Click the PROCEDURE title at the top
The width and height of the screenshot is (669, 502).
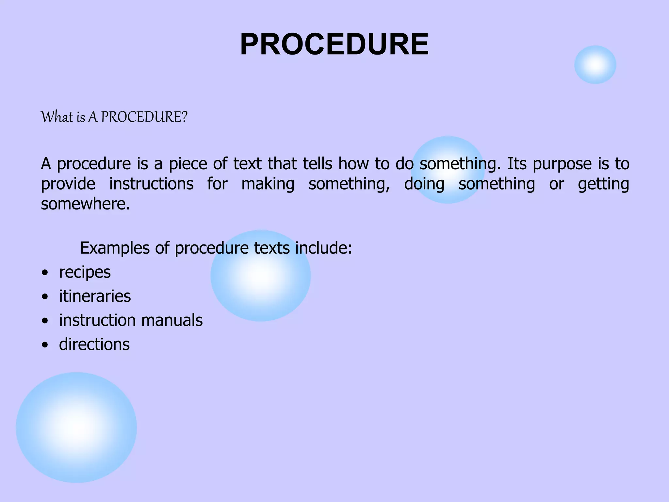pyautogui.click(x=334, y=45)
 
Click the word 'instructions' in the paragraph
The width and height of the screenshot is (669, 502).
pyautogui.click(x=151, y=184)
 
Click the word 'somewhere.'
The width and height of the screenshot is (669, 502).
pyautogui.click(x=86, y=204)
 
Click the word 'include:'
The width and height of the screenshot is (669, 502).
pyautogui.click(x=323, y=248)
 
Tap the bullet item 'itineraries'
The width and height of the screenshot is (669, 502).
pyautogui.click(x=95, y=296)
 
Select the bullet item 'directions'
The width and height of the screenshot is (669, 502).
pyautogui.click(x=94, y=344)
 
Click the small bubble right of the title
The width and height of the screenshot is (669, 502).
pyautogui.click(x=595, y=65)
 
